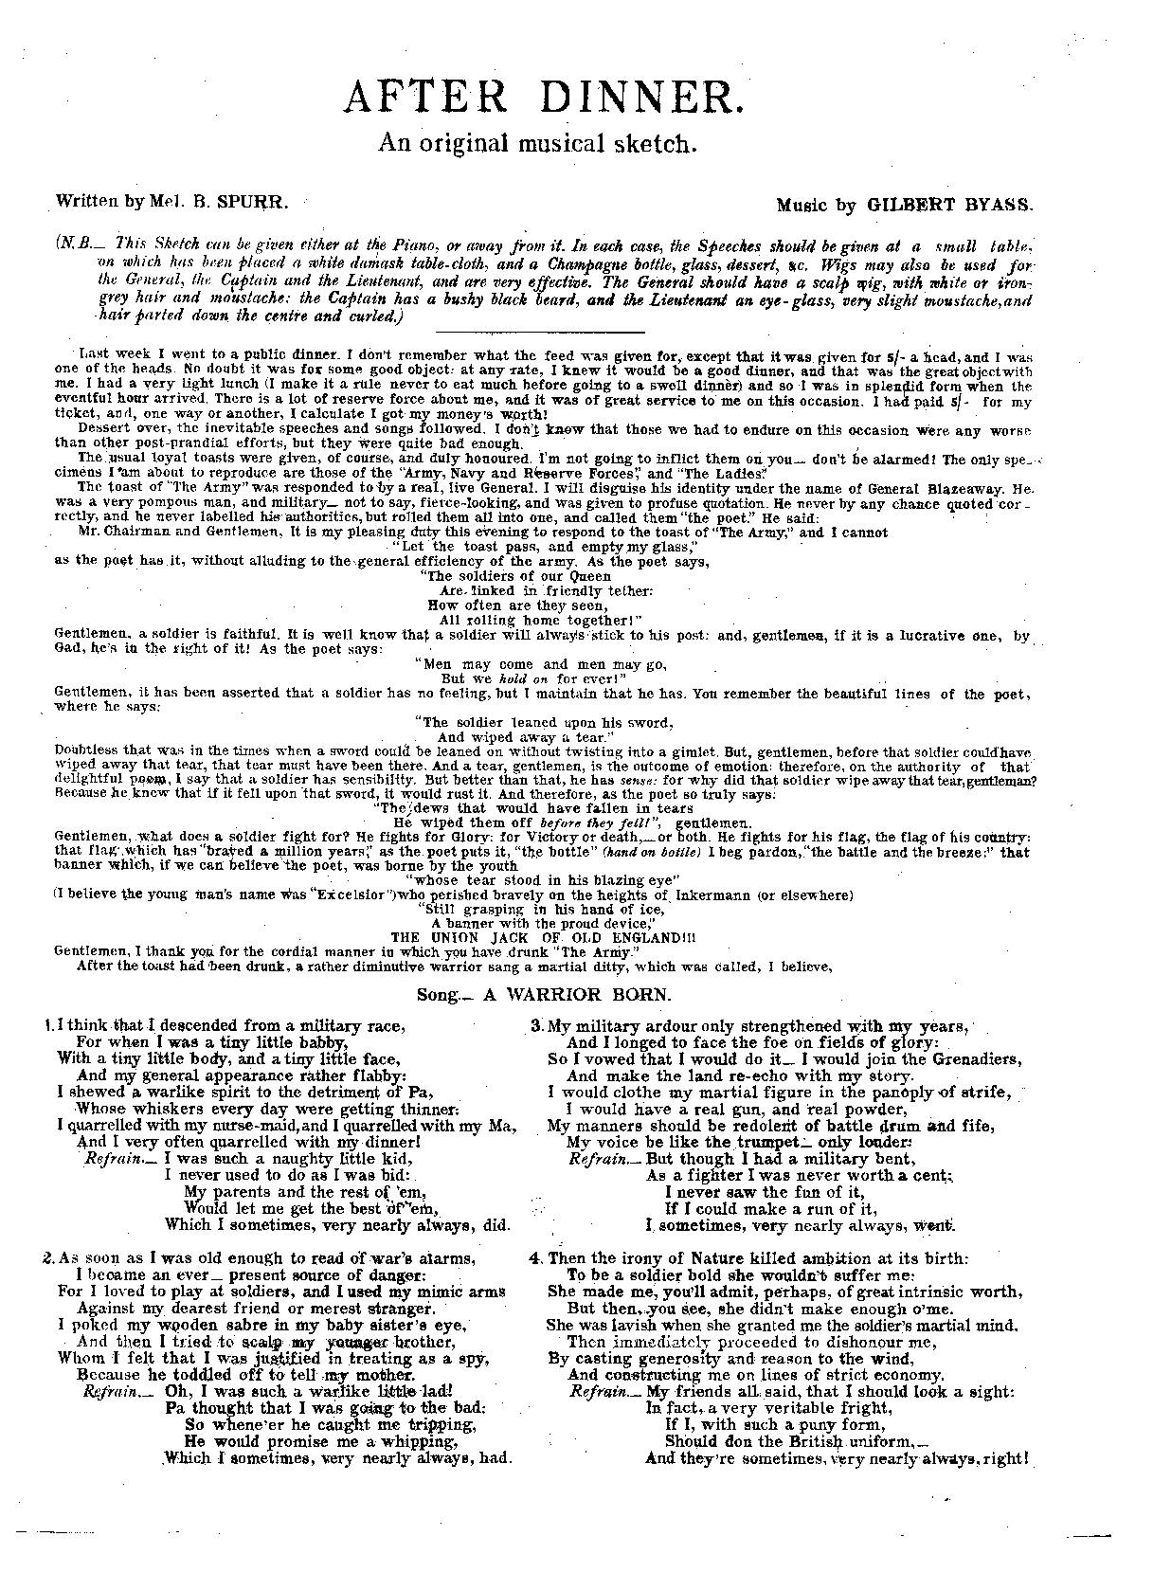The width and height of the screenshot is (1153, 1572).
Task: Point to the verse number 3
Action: point(535,1026)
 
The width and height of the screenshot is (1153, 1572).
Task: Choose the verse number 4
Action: point(535,1259)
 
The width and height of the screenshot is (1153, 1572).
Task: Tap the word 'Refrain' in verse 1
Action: point(108,1158)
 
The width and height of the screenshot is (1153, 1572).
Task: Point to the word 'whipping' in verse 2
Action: point(414,1441)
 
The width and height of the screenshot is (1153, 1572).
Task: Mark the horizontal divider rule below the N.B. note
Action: point(537,332)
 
